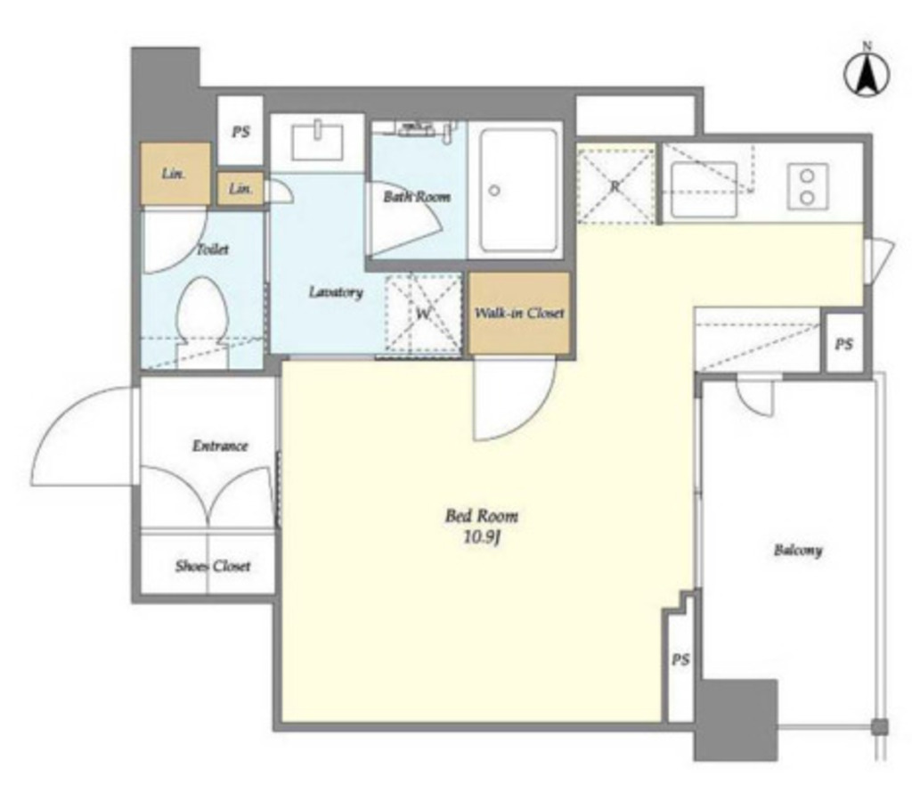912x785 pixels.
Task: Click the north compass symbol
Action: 867,75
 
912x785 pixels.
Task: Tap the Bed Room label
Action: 481,516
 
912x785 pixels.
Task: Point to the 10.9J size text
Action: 482,537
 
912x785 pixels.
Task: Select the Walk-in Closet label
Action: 519,313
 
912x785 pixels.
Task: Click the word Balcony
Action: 797,550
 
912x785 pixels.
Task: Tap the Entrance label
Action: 220,446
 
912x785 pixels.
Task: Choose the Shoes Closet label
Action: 213,566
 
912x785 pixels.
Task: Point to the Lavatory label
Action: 336,291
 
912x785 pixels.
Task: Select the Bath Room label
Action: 417,197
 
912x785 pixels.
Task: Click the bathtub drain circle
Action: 494,191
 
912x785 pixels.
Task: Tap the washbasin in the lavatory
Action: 318,140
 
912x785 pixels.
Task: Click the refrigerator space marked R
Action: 616,186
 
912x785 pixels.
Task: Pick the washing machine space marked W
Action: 423,313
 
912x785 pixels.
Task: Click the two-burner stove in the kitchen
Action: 807,186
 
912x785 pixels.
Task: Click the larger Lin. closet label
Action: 174,174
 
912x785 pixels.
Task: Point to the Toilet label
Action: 213,249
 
